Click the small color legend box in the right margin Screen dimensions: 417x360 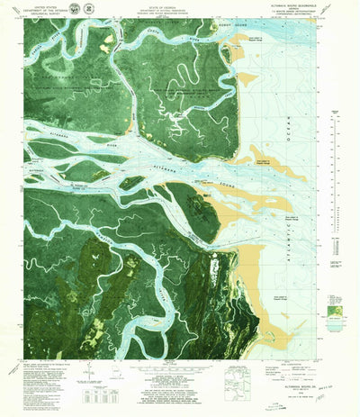337,311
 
